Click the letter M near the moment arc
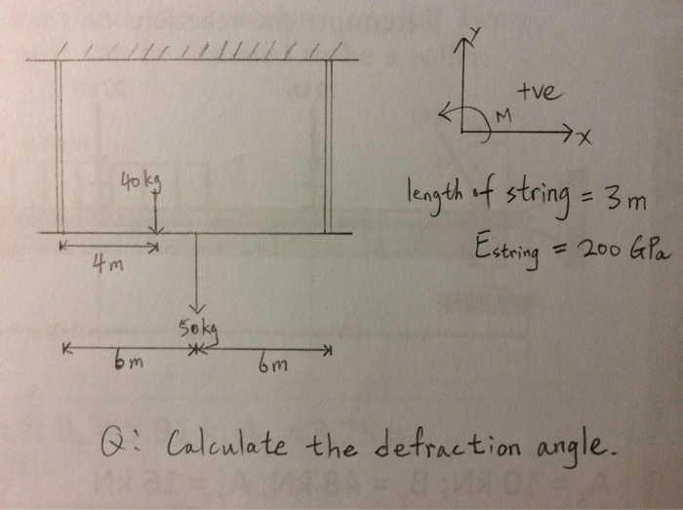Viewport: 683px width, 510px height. click(x=503, y=116)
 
